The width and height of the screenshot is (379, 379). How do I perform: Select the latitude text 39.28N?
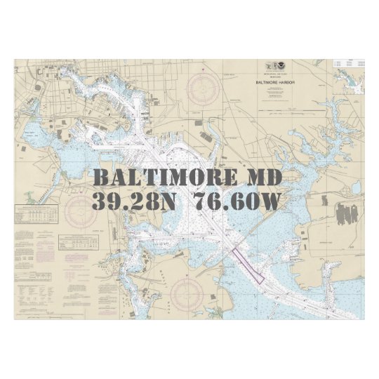[130, 202]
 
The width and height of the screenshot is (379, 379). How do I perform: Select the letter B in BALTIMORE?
[102, 176]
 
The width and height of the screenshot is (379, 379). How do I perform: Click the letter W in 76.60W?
[270, 202]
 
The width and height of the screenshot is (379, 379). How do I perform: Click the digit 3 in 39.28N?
[100, 202]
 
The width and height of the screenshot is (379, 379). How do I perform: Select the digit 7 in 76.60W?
[201, 202]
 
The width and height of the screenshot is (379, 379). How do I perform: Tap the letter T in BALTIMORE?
[142, 176]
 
